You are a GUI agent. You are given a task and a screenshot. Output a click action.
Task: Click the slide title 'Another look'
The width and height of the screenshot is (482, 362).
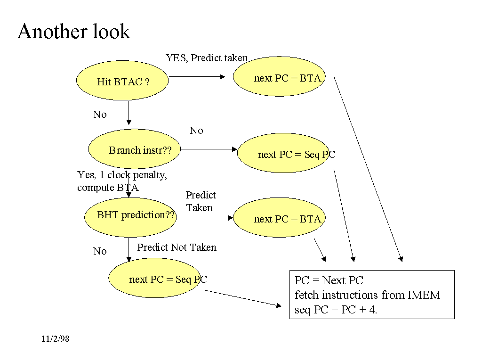tap(73, 32)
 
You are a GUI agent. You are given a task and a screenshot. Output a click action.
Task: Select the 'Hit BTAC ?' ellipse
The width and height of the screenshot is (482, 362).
tap(122, 81)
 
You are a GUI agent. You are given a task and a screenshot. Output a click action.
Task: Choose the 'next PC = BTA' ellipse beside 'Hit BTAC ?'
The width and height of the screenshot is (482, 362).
tap(280, 77)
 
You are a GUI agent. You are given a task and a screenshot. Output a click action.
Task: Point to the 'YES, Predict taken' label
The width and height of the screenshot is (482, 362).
tap(207, 58)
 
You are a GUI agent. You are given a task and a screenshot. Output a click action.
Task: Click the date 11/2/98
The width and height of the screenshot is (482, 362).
tap(55, 339)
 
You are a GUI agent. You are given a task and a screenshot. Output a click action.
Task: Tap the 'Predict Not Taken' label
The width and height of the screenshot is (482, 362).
tap(177, 247)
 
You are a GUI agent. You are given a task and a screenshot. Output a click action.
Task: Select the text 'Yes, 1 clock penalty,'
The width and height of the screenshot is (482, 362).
tap(122, 175)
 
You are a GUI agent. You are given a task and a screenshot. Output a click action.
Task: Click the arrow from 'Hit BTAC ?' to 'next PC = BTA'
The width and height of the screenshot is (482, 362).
tap(197, 76)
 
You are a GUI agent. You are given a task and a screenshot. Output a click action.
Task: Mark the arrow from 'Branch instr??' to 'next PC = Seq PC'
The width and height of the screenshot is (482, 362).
tap(209, 149)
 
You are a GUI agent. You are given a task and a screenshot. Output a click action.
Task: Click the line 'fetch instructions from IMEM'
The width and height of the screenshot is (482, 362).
tap(367, 295)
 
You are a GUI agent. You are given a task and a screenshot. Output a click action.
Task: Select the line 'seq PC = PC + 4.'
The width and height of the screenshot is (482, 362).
tap(336, 310)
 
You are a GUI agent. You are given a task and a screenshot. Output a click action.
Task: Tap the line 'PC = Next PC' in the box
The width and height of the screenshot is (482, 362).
tap(329, 280)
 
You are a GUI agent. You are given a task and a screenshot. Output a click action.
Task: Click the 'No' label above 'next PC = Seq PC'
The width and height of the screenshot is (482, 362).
tap(196, 131)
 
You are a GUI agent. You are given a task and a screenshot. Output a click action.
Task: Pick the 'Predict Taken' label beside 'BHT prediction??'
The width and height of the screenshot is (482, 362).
tap(201, 201)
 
